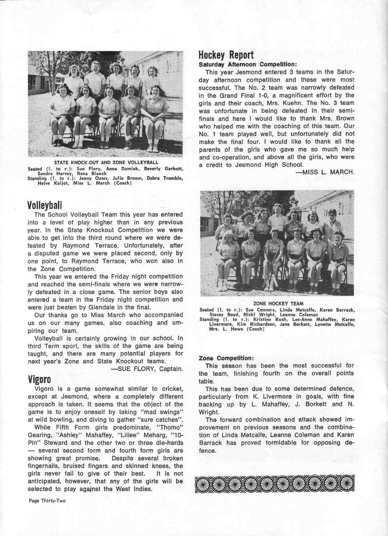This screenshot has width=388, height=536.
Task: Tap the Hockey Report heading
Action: (226, 55)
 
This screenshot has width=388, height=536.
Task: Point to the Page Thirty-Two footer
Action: (47, 501)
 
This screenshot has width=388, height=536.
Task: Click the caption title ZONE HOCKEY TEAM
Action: (278, 304)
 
